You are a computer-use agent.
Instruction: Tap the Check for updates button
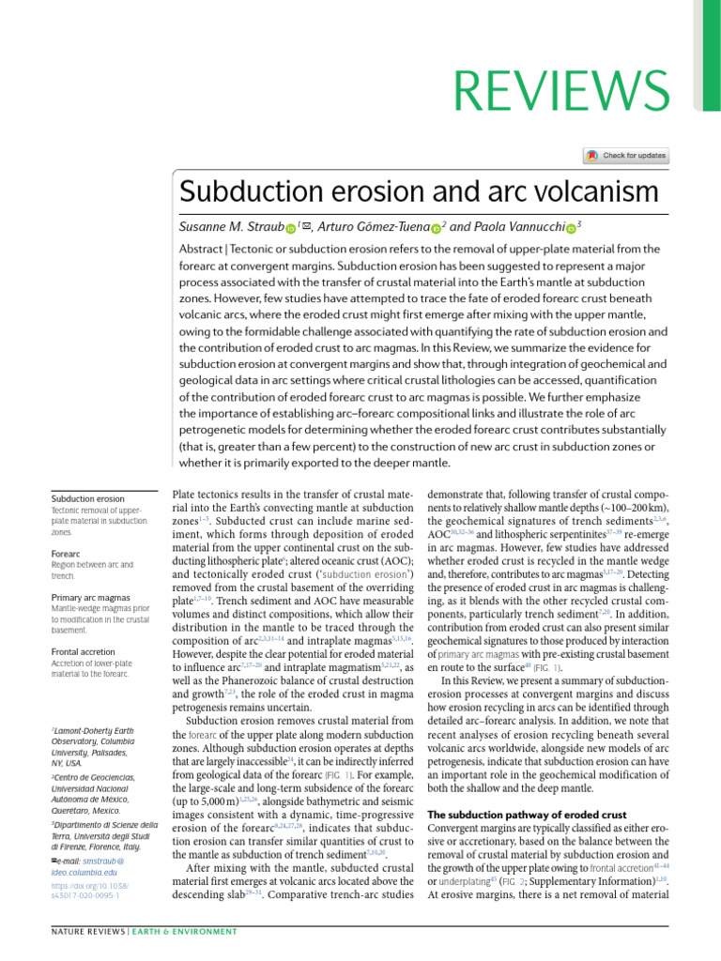coord(626,155)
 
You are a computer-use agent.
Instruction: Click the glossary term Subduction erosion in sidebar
coord(88,498)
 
